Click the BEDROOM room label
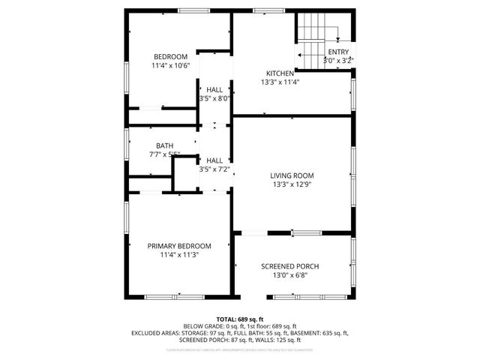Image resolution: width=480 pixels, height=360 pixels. pyautogui.click(x=172, y=57)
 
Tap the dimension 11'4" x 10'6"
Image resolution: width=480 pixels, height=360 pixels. pyautogui.click(x=172, y=66)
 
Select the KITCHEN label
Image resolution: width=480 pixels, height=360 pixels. pyautogui.click(x=280, y=73)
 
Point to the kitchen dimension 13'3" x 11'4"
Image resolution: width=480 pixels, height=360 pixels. pyautogui.click(x=280, y=82)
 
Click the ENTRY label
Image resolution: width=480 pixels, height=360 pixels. pyautogui.click(x=338, y=52)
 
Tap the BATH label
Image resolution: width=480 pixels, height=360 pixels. pyautogui.click(x=165, y=145)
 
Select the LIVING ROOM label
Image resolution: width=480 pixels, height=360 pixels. pyautogui.click(x=292, y=175)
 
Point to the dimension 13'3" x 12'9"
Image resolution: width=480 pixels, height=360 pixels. pyautogui.click(x=292, y=184)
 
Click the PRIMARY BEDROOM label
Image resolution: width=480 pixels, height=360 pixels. pyautogui.click(x=179, y=246)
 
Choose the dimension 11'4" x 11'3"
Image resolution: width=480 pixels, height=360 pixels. pyautogui.click(x=179, y=255)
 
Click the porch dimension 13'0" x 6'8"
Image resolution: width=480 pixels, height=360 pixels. pyautogui.click(x=289, y=276)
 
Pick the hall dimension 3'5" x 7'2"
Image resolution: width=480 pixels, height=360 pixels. pyautogui.click(x=214, y=169)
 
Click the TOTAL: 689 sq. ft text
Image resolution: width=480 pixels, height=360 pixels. pyautogui.click(x=240, y=319)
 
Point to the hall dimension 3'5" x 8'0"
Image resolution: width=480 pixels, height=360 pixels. pyautogui.click(x=214, y=97)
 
